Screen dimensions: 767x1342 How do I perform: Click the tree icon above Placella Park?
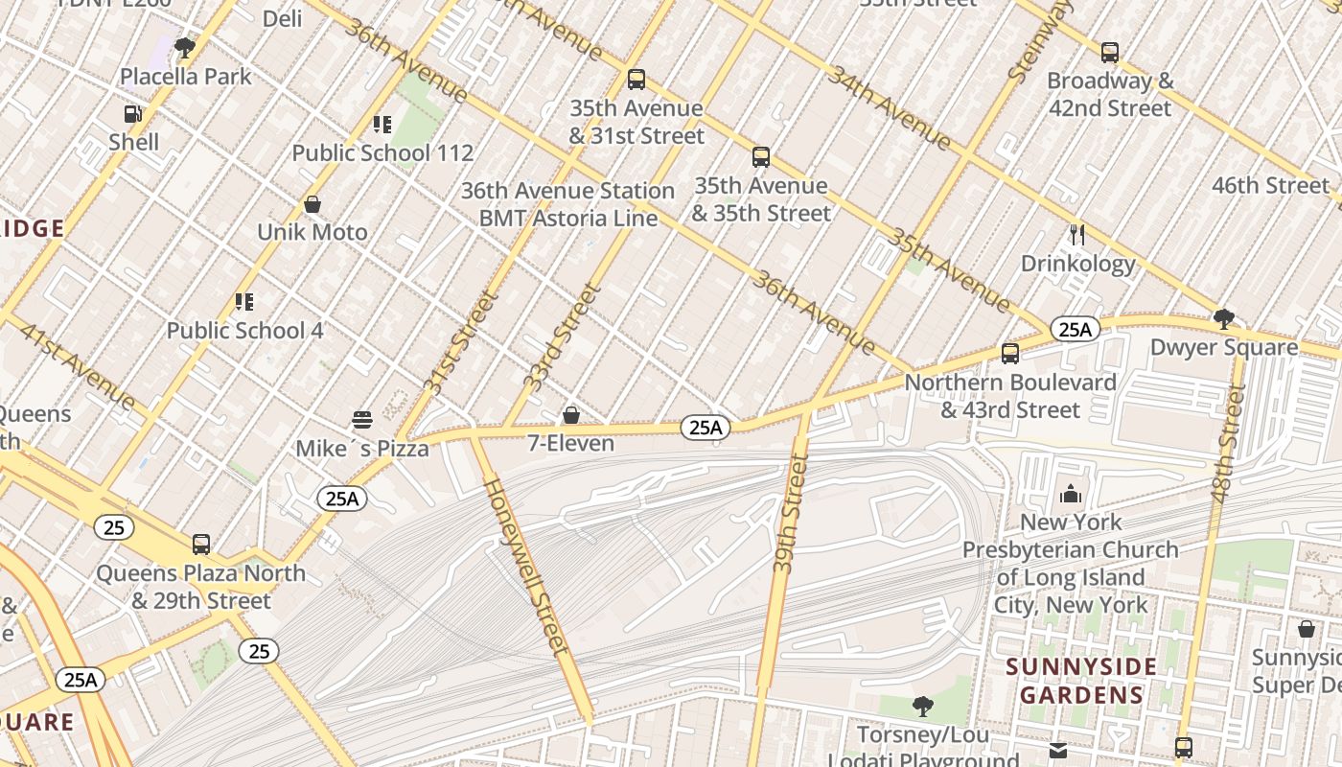coord(185,48)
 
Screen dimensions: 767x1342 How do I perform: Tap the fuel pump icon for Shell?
coord(133,114)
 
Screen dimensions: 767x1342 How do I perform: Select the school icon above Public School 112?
coord(382,125)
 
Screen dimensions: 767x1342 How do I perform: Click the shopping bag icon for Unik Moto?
coord(312,204)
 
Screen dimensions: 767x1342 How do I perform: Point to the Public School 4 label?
coord(244,331)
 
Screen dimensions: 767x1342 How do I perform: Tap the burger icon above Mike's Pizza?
coord(362,420)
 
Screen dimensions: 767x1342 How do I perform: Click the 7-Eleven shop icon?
coord(571,415)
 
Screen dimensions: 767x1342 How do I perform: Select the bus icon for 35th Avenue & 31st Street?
coord(636,80)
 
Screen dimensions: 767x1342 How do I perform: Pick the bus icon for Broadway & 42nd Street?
coord(1110,53)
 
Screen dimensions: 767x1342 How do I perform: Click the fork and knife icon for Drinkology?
coord(1077,235)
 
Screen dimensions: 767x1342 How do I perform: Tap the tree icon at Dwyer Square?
coord(1223,318)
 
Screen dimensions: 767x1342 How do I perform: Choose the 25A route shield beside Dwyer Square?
coord(1075,330)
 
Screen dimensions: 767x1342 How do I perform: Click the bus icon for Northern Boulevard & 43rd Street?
coord(1009,354)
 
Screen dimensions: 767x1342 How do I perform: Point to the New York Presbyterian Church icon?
coord(1071,495)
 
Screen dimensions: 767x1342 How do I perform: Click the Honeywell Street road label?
coord(528,566)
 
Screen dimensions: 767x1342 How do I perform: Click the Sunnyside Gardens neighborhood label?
coord(1081,681)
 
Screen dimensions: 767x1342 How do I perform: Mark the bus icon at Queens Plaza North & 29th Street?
coord(201,545)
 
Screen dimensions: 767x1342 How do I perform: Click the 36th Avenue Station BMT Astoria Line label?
coord(568,204)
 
